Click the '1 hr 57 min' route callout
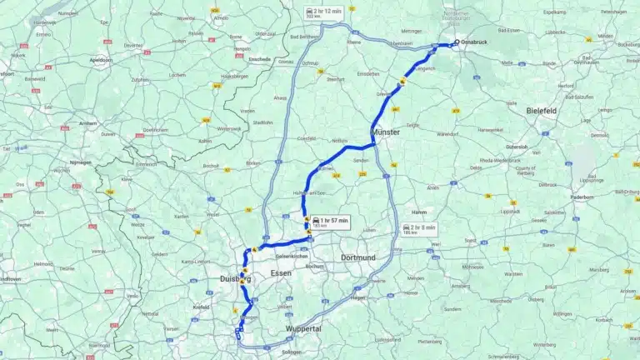click(x=330, y=222)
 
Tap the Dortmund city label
click(x=359, y=257)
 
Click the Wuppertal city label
click(x=303, y=329)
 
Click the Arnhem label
click(x=88, y=123)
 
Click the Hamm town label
click(x=419, y=212)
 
